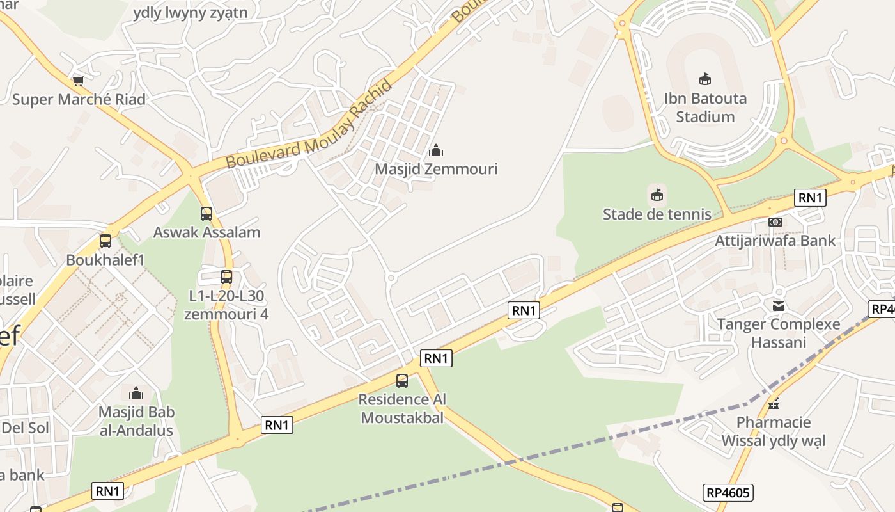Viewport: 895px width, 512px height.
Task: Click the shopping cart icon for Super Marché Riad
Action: pos(78,81)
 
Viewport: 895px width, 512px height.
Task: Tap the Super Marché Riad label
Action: pos(79,99)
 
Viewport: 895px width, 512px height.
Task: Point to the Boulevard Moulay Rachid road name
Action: pos(309,125)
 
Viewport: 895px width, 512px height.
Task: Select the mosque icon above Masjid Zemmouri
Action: pos(436,151)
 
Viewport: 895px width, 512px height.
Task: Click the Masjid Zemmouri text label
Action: pos(436,169)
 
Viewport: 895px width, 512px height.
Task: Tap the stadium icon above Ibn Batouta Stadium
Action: pos(705,79)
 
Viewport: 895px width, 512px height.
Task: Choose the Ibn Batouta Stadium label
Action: pos(705,108)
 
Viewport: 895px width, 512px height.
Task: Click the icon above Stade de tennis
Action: pos(657,195)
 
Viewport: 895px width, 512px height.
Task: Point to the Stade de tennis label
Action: pos(657,214)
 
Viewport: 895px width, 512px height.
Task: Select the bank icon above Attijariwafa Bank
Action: pos(775,222)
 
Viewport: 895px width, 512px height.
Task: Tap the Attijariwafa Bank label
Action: pos(775,241)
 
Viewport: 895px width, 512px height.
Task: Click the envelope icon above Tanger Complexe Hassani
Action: pos(779,306)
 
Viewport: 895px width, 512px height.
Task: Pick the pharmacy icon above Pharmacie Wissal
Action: pos(774,404)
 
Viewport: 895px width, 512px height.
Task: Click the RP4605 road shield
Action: pos(729,493)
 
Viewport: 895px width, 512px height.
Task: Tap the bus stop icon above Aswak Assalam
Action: pos(206,214)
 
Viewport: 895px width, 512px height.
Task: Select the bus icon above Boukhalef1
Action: pos(105,242)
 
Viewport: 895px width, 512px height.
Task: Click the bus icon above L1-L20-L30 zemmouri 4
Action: pos(226,277)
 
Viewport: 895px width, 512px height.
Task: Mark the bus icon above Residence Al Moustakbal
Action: pos(402,381)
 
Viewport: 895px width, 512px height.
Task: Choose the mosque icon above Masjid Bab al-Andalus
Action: pos(136,393)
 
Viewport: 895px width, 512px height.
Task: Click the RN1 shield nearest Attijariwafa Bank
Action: pos(810,198)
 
